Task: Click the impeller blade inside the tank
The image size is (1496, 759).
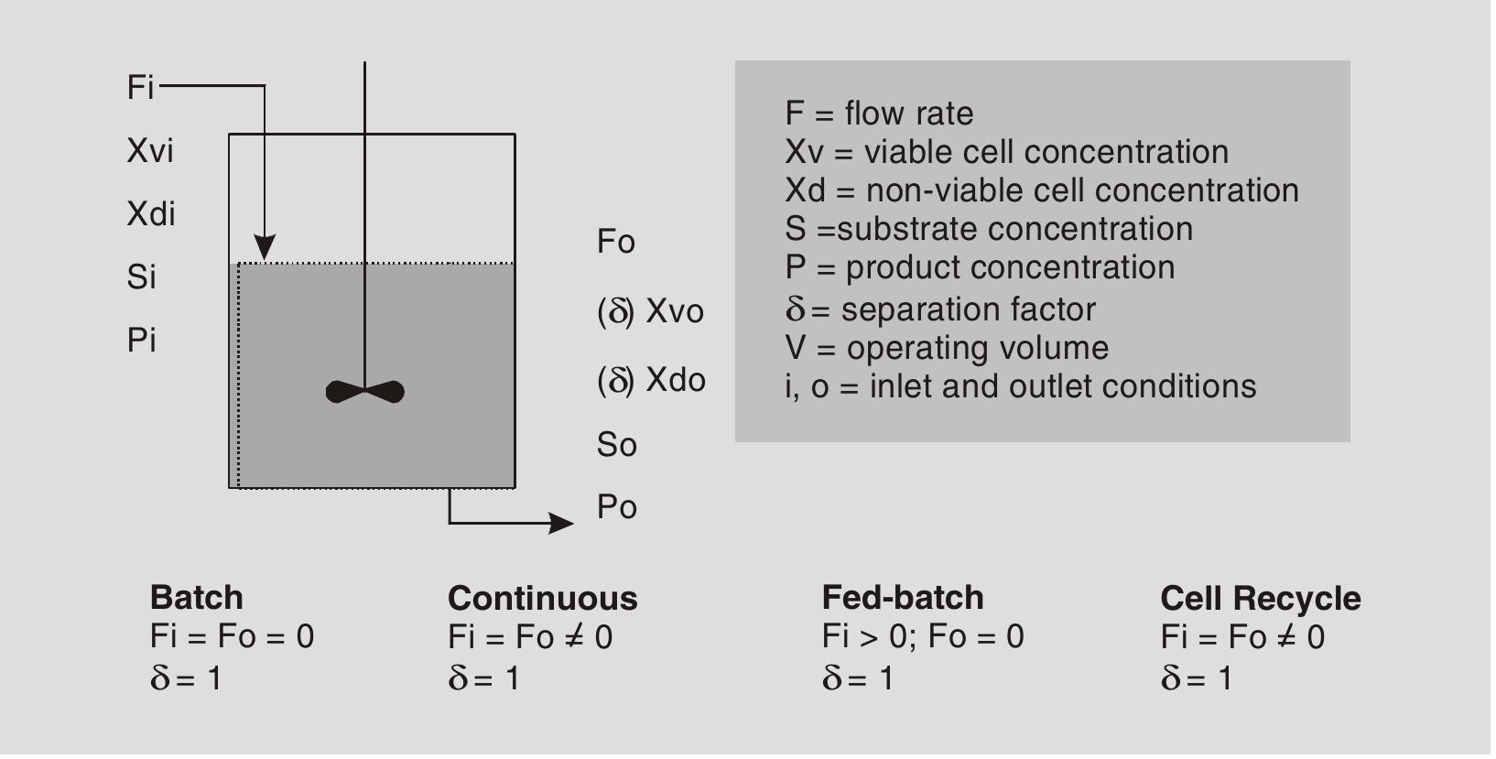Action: [x=365, y=392]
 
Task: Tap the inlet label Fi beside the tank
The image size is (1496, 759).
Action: [x=140, y=88]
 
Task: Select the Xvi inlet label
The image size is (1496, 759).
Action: [x=150, y=151]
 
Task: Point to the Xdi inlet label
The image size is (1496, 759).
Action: [x=151, y=214]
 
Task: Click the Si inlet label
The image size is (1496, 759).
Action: [x=142, y=276]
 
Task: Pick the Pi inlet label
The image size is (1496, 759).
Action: [x=142, y=341]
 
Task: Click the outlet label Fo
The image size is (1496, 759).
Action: [x=616, y=243]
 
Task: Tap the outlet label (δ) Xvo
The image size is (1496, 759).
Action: [x=651, y=311]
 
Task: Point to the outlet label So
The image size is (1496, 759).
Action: [x=617, y=445]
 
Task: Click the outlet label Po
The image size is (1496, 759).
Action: [x=617, y=507]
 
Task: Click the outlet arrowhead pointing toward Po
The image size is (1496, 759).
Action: [x=561, y=524]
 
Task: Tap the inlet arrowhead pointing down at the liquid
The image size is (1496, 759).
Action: [x=265, y=248]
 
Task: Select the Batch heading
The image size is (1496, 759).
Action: [x=197, y=598]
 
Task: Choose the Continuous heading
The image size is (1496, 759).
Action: [x=543, y=599]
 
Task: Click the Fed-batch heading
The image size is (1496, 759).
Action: [x=903, y=598]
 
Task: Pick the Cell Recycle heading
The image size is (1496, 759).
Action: [x=1261, y=599]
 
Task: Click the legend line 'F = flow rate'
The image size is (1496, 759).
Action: [x=879, y=114]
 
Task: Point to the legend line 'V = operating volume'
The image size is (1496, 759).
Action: [x=947, y=348]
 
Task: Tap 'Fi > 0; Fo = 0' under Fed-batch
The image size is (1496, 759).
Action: [x=923, y=636]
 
